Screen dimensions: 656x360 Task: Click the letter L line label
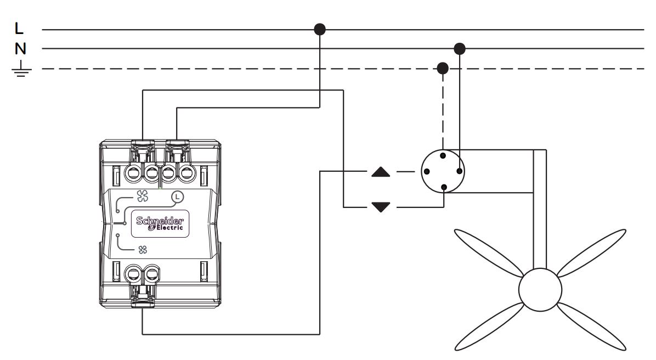(x=19, y=29)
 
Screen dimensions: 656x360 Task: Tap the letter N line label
(x=20, y=49)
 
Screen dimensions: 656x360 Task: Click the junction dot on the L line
(x=320, y=29)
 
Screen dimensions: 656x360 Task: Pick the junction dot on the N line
(x=460, y=48)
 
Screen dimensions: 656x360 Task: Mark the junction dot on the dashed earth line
(x=443, y=68)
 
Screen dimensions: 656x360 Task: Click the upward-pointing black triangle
(x=381, y=172)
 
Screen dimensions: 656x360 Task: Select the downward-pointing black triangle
(x=381, y=207)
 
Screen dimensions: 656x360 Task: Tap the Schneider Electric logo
(x=160, y=224)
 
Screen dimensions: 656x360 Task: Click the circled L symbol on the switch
(x=178, y=196)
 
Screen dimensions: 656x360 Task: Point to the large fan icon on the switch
(x=142, y=195)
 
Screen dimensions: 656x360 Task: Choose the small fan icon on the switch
(x=143, y=250)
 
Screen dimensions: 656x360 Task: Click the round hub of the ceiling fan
(x=540, y=290)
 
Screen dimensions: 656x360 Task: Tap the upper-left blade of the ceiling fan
(x=489, y=253)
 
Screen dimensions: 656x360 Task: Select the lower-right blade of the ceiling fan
(x=592, y=327)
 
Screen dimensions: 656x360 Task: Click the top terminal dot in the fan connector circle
(x=443, y=156)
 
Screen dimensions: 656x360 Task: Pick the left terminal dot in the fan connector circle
(x=427, y=171)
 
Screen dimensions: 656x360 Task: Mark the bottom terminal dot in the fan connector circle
(x=444, y=187)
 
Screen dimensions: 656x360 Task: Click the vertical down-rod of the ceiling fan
(x=540, y=209)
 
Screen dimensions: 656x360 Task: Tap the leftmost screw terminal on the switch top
(x=133, y=172)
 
